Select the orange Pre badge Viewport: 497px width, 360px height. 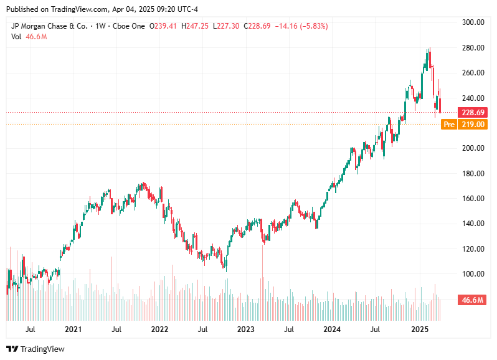coord(448,125)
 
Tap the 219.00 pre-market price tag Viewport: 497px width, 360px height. coord(473,125)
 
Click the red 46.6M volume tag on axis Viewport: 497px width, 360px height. coord(473,300)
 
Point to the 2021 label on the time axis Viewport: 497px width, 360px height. coord(73,329)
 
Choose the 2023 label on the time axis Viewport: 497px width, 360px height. coord(246,329)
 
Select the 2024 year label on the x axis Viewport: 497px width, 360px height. coord(333,329)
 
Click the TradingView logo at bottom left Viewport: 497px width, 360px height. coord(35,349)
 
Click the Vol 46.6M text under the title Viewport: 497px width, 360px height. coord(29,37)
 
